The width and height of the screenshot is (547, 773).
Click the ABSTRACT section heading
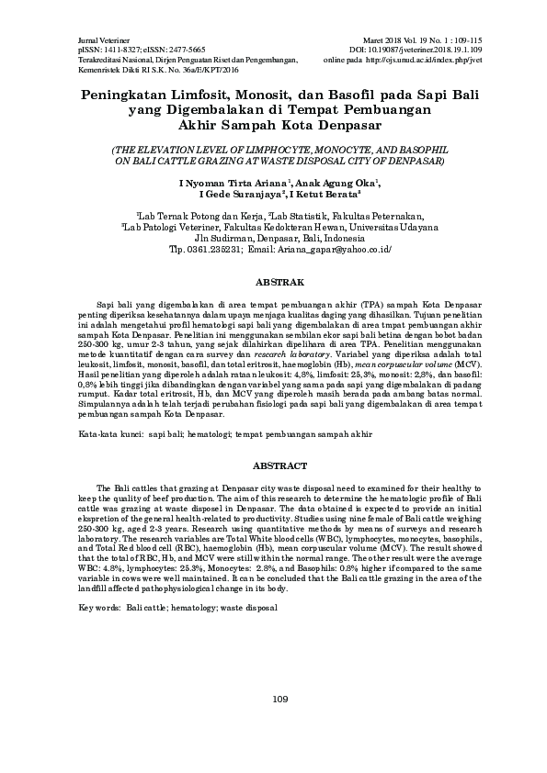tap(273, 466)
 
